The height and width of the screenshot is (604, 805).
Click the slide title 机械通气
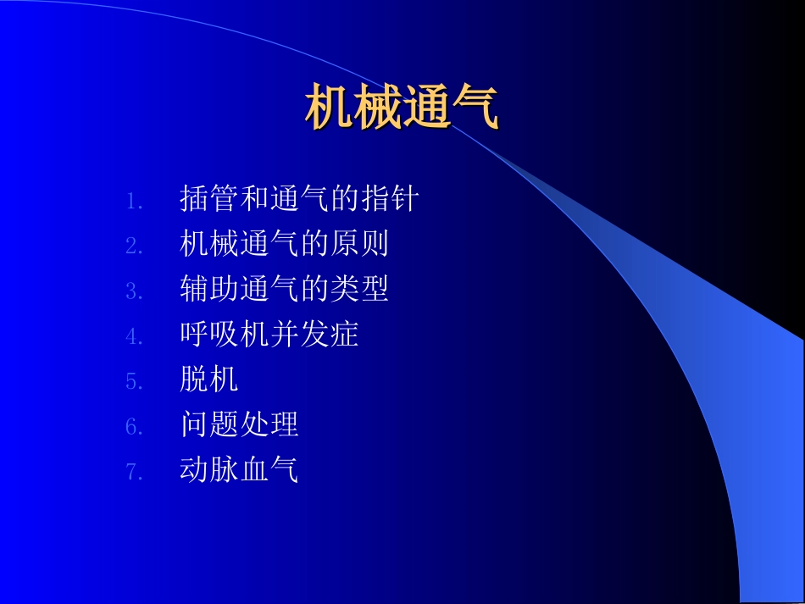pyautogui.click(x=402, y=108)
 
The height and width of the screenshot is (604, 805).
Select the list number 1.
pyautogui.click(x=134, y=201)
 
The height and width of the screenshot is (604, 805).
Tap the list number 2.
pyautogui.click(x=134, y=247)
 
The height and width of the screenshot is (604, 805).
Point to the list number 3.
pyautogui.click(x=134, y=291)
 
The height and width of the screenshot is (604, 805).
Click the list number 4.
pyautogui.click(x=134, y=336)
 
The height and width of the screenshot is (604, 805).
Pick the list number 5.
pyautogui.click(x=134, y=382)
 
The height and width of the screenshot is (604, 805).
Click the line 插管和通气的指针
pyautogui.click(x=299, y=199)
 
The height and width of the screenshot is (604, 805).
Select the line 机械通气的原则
pyautogui.click(x=284, y=244)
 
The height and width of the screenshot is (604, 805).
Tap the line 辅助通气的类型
pyautogui.click(x=284, y=290)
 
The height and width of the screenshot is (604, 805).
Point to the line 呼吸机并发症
pyautogui.click(x=269, y=335)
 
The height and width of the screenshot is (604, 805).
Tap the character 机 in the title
pyautogui.click(x=329, y=108)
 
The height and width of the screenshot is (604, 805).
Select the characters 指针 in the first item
pyautogui.click(x=390, y=199)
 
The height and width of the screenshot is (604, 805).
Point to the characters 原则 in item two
pyautogui.click(x=359, y=244)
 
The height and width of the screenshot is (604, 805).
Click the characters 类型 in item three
pyautogui.click(x=359, y=290)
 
